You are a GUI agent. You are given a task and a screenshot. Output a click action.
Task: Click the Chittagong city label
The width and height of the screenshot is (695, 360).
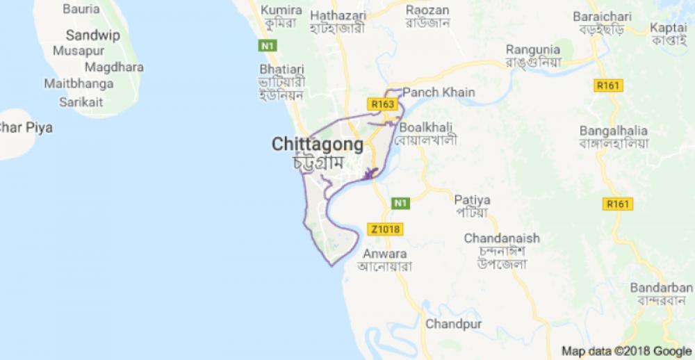[317, 145]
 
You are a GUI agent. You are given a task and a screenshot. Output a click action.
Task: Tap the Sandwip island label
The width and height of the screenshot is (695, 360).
[93, 35]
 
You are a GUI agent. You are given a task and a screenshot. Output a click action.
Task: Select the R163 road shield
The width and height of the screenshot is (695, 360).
[383, 104]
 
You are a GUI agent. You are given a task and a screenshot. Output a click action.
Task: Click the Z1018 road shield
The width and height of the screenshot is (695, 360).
[384, 229]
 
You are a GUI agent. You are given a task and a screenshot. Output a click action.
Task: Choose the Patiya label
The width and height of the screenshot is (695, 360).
[473, 199]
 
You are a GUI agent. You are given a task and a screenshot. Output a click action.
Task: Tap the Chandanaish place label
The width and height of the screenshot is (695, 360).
[502, 238]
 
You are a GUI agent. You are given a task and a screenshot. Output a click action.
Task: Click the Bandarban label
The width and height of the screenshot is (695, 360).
[662, 288]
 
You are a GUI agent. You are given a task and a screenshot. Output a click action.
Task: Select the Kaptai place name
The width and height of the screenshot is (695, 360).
[669, 27]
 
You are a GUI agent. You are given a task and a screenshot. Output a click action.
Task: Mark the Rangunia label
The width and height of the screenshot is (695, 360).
[533, 49]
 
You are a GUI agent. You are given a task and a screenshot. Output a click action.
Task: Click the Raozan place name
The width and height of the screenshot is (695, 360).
[427, 10]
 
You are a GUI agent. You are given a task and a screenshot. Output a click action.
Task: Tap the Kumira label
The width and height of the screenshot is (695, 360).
[281, 10]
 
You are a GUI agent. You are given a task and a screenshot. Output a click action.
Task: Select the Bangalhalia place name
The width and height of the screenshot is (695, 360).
[614, 131]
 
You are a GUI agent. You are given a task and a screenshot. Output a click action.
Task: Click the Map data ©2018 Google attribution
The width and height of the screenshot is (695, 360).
[627, 350]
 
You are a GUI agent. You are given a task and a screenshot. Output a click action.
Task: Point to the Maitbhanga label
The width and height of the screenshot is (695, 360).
[79, 83]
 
